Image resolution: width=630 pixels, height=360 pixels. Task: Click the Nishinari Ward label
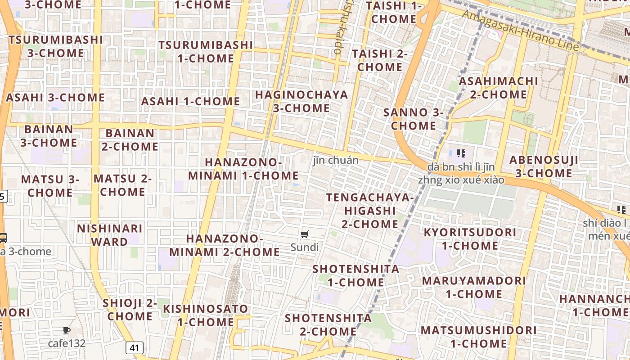pos(110,235)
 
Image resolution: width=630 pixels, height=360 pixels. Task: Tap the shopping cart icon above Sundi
pos(305,234)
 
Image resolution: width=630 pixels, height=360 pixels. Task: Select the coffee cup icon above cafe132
pos(67,331)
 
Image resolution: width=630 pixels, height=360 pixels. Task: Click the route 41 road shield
pos(135,347)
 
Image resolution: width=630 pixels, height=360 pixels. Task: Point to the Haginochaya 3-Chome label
pos(301,101)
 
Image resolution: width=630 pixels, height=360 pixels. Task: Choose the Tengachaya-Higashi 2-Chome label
pos(370,211)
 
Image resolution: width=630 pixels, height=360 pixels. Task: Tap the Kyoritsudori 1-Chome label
pos(470,239)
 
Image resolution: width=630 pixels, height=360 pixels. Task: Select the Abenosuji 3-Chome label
pos(544,166)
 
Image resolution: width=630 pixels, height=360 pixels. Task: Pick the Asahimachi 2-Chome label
pos(498,88)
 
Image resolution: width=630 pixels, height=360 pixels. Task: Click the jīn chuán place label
pos(336,160)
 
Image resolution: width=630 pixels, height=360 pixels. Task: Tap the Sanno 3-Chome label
pos(414,119)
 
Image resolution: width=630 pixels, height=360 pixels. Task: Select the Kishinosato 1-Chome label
pos(205,315)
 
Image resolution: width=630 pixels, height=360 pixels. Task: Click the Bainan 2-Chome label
pos(130,140)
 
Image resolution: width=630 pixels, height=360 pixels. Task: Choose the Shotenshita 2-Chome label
pos(328,325)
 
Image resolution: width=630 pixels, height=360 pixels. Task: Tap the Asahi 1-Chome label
pos(190,101)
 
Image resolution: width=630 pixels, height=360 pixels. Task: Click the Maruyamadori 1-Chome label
pos(474,287)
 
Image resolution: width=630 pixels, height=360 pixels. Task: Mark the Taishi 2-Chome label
pos(380,60)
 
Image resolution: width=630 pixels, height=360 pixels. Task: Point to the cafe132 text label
pos(67,343)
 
